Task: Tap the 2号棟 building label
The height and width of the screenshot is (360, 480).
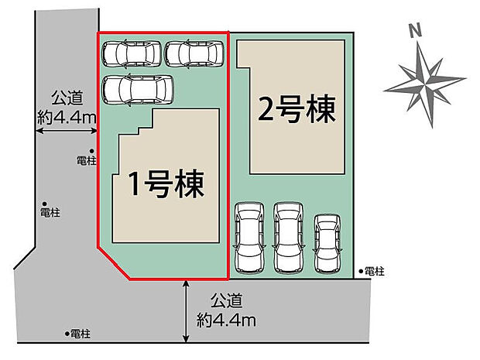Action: tap(297, 110)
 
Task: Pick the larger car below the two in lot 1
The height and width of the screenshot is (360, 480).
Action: tap(138, 89)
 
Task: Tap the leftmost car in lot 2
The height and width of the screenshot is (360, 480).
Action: tap(249, 238)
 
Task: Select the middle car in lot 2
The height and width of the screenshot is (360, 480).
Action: tap(288, 237)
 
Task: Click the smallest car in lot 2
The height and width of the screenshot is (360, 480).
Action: tap(327, 241)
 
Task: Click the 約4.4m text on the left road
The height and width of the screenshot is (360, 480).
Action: tap(66, 117)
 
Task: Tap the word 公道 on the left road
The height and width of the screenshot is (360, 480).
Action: tap(67, 99)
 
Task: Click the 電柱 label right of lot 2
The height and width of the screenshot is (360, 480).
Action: tap(374, 271)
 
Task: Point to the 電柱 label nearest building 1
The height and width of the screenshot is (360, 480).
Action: tap(87, 161)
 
